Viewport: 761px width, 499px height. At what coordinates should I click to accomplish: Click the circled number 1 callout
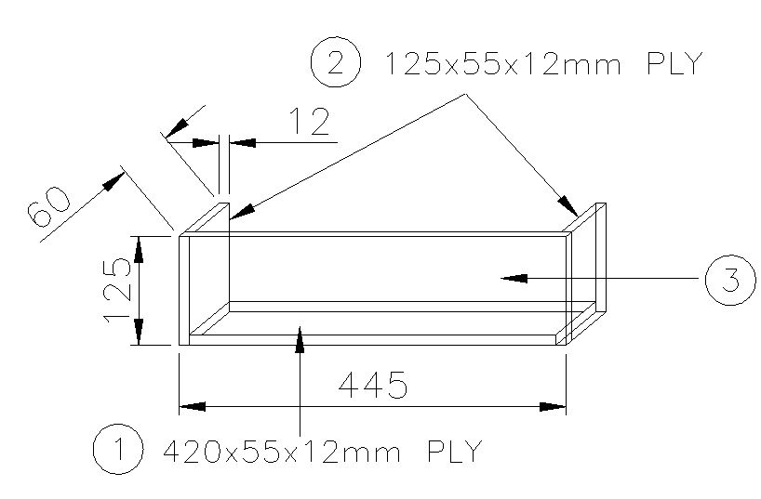click(x=117, y=451)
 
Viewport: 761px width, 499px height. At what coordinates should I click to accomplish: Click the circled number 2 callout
click(x=334, y=64)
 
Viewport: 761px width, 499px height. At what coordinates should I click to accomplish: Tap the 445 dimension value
click(x=373, y=385)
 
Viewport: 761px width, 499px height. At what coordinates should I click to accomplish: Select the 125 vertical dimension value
click(x=116, y=291)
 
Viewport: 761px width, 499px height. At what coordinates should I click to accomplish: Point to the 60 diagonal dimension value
click(x=49, y=207)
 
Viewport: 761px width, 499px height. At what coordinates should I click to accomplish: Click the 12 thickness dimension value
click(x=310, y=123)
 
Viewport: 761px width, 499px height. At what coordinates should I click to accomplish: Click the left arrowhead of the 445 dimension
click(x=190, y=406)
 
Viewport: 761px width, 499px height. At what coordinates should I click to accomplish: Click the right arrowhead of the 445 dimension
click(x=555, y=406)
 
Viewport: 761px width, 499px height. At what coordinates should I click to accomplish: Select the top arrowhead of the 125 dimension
click(x=138, y=247)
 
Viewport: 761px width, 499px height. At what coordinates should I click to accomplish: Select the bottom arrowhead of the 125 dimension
click(x=138, y=334)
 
